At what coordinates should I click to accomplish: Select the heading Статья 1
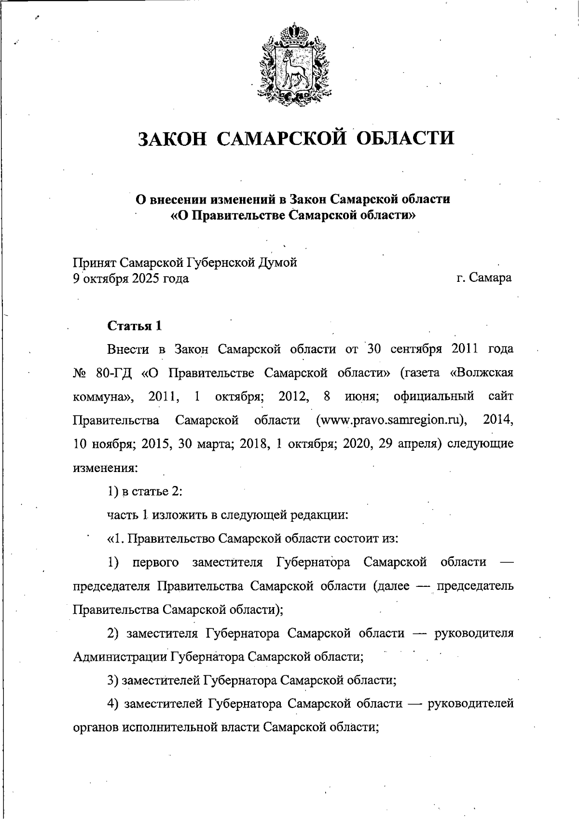(134, 326)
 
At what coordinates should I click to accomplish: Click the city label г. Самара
(484, 278)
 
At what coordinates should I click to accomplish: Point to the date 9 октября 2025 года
(130, 278)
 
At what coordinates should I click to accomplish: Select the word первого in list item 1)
(155, 562)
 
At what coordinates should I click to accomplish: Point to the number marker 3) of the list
(113, 680)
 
